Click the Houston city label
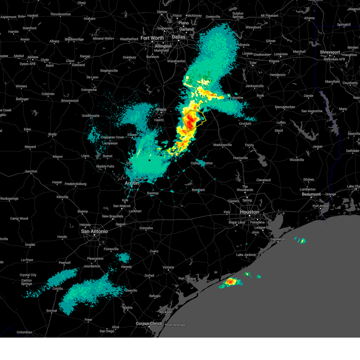click(x=249, y=212)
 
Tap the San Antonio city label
click(x=94, y=231)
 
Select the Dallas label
click(x=179, y=37)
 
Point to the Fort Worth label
click(x=152, y=38)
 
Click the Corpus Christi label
click(x=149, y=324)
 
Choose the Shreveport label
click(x=330, y=52)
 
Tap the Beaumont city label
click(x=311, y=194)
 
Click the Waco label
click(x=161, y=109)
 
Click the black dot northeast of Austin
click(x=149, y=160)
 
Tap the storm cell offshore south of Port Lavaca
click(x=230, y=282)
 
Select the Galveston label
click(x=278, y=239)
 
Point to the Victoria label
click(x=168, y=267)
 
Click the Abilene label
click(x=33, y=57)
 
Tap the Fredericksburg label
click(x=75, y=184)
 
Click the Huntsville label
click(x=240, y=158)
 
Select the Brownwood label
click(x=70, y=101)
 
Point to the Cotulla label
click(x=57, y=289)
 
